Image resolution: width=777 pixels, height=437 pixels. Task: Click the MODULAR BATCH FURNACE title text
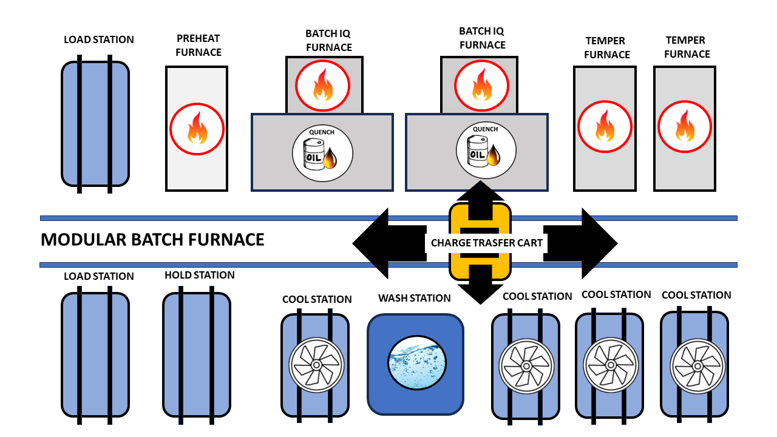[152, 240]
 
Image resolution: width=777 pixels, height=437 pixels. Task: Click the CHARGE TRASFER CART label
[486, 243]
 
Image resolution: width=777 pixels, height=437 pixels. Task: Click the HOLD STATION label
[199, 276]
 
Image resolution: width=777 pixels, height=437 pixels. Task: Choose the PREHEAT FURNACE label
[198, 46]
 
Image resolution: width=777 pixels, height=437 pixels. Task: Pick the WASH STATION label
[415, 298]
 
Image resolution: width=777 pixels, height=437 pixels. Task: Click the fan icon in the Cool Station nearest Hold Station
[316, 364]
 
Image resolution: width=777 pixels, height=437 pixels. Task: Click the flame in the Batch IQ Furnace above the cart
[482, 84]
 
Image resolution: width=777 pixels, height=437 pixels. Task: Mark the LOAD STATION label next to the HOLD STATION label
[99, 276]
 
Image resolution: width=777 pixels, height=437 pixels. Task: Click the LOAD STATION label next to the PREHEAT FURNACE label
[99, 39]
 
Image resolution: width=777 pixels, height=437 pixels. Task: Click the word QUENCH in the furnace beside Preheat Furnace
[322, 132]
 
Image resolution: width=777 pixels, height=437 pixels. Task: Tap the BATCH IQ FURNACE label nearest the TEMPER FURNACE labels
[482, 38]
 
